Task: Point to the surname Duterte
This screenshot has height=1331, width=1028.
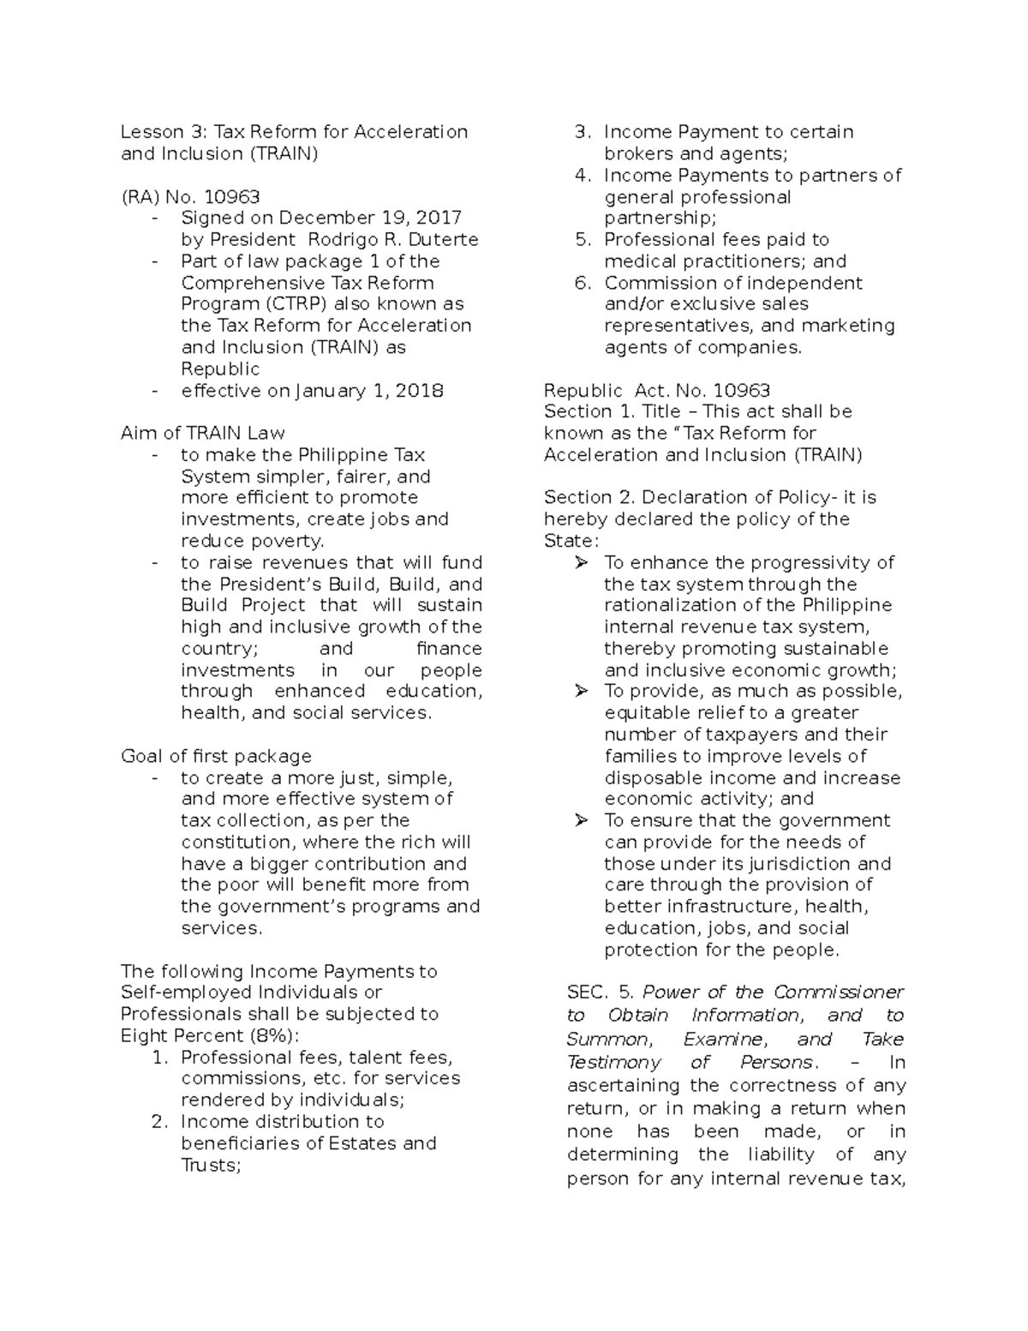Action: click(444, 240)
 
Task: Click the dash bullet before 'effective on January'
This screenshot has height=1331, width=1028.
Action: click(154, 391)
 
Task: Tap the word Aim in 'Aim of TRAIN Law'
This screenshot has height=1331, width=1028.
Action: click(137, 434)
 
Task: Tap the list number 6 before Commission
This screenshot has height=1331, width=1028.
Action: click(583, 283)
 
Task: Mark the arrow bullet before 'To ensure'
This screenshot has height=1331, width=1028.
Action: click(582, 821)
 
